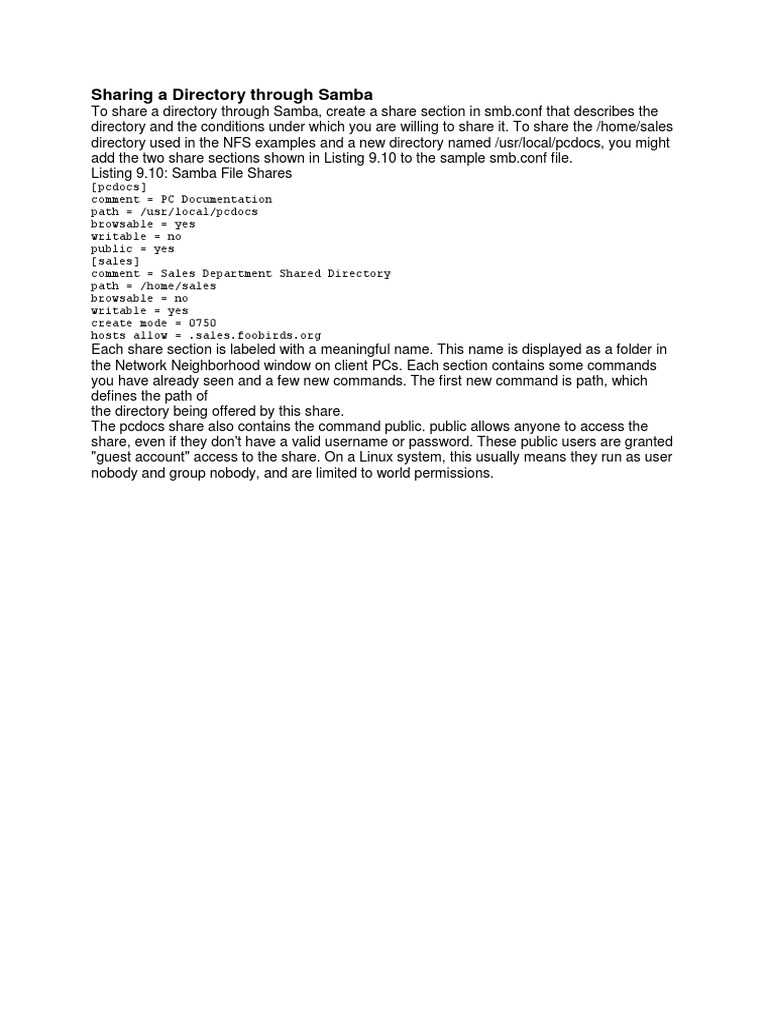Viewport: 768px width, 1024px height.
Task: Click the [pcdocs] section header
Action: [x=119, y=187]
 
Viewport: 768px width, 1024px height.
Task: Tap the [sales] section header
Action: [x=115, y=261]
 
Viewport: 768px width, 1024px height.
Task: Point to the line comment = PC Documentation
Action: [x=181, y=199]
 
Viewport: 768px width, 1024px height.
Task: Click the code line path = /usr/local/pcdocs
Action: [x=174, y=212]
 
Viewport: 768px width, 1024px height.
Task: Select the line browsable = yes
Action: [x=143, y=224]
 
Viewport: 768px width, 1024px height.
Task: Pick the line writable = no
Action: [x=136, y=236]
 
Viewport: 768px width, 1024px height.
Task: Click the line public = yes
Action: [x=133, y=249]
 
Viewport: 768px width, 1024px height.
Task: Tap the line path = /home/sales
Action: [x=153, y=286]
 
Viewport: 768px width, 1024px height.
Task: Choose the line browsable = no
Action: [x=139, y=298]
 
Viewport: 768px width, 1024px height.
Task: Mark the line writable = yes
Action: [x=139, y=311]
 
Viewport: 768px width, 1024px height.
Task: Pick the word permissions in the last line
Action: [x=452, y=473]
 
